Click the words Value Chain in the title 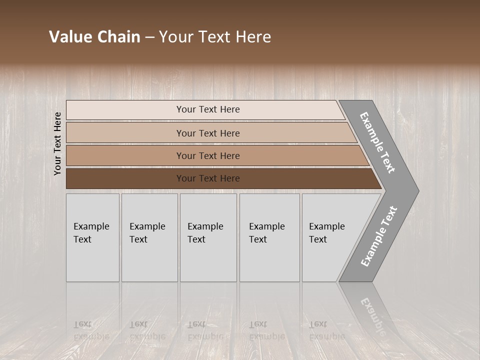click(x=94, y=37)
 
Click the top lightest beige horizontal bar click(x=125, y=110)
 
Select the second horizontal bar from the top click(x=125, y=133)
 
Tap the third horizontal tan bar click(x=125, y=155)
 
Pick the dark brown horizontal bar click(x=125, y=178)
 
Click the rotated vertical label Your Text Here click(x=57, y=143)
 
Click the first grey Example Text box click(x=92, y=237)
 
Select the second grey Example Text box click(x=149, y=237)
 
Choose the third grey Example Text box click(x=208, y=237)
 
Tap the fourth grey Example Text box click(x=269, y=237)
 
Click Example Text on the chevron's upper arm click(x=377, y=142)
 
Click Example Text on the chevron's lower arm click(x=378, y=236)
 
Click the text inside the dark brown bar click(x=208, y=178)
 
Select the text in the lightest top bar click(x=208, y=109)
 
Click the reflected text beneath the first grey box click(x=91, y=330)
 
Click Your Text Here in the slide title click(x=215, y=37)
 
